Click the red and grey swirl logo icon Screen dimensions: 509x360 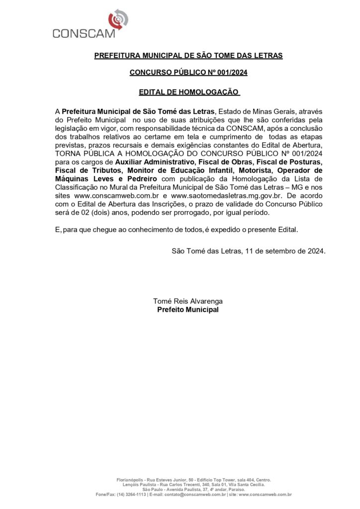coord(118,19)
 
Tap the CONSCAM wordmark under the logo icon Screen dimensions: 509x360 coord(84,33)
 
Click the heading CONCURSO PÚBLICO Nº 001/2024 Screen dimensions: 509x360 coord(188,73)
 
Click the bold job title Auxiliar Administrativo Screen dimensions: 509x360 coord(154,162)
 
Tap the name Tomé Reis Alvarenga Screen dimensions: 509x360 coord(188,301)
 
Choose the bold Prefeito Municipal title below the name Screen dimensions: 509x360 coord(188,309)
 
